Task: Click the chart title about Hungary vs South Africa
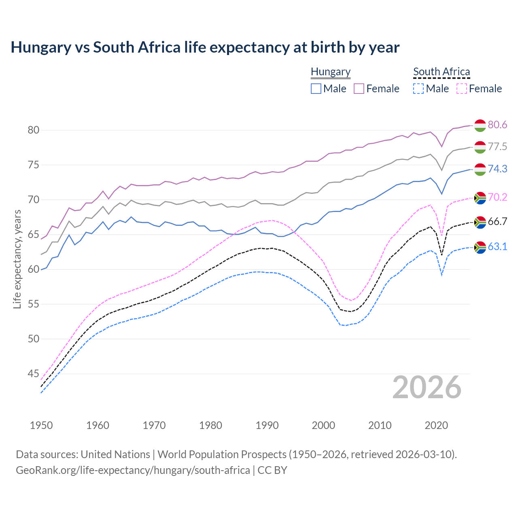205,47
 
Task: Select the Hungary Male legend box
316,89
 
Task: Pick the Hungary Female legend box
359,89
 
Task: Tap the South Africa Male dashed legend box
418,89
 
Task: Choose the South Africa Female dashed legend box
461,89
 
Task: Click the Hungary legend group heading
331,72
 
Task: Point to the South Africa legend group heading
442,72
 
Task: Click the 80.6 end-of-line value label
497,125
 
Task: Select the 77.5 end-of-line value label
497,147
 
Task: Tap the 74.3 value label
497,169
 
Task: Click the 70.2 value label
497,197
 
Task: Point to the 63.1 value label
497,247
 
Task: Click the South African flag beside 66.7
480,222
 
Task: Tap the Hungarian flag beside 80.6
480,125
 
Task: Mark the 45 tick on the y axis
33,374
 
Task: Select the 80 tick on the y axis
33,130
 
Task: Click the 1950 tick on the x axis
41,425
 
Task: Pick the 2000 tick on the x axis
323,425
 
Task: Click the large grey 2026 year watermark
427,387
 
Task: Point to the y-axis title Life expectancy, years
17,259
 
